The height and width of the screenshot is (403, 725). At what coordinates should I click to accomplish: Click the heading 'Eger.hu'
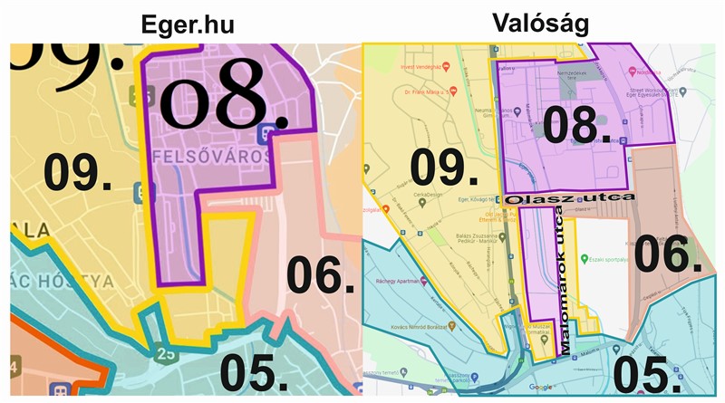[188, 25]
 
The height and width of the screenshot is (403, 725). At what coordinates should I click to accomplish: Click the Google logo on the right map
[541, 387]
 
